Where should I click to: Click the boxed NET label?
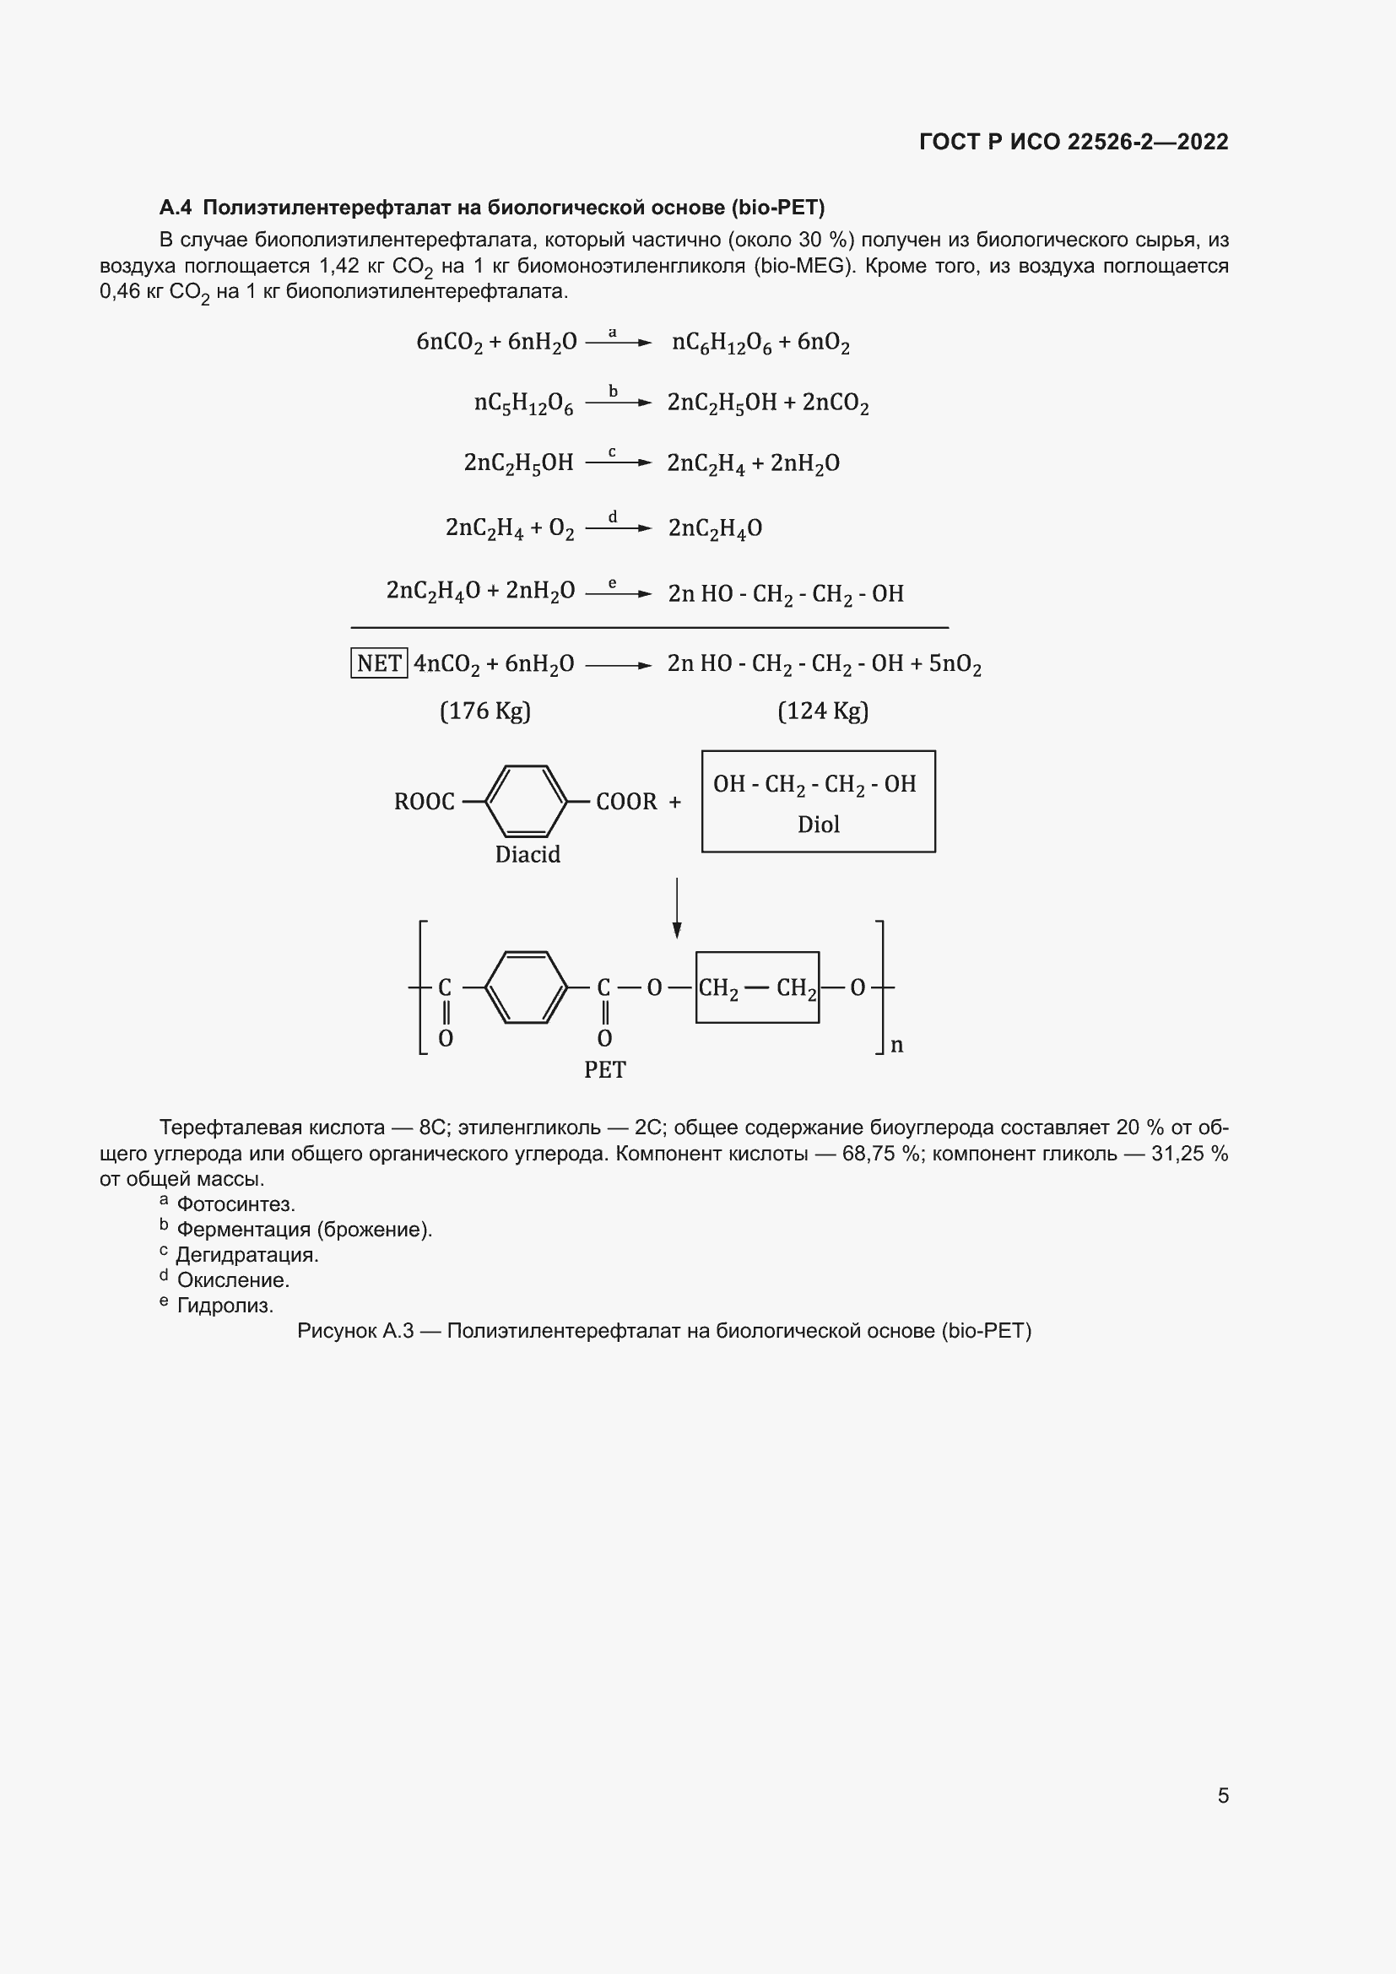tap(379, 663)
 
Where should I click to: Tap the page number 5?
tap(1223, 1795)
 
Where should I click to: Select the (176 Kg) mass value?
tap(484, 711)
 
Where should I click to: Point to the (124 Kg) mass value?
tap(823, 711)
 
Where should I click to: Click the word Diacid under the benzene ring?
tap(527, 855)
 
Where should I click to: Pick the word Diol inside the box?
tap(819, 825)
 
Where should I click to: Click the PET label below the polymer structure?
tap(605, 1070)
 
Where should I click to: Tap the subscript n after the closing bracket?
tap(896, 1046)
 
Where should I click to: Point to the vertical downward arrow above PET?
tap(678, 908)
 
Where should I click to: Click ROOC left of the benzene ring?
tap(424, 802)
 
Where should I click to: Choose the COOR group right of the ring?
tap(626, 802)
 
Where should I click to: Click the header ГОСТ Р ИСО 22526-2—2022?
tap(1074, 142)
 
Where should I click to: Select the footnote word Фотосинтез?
tap(235, 1204)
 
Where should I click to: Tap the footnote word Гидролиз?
tap(225, 1306)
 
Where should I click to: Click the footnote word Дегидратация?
tap(247, 1255)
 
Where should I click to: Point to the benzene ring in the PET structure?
tap(526, 988)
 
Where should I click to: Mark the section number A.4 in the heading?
tap(176, 208)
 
